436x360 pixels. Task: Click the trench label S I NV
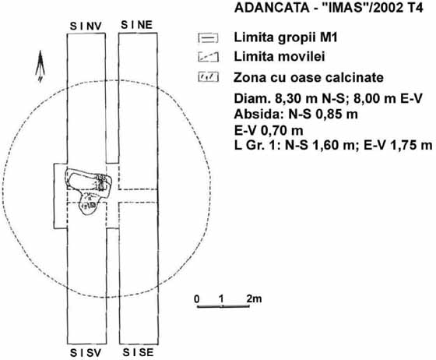[86, 26]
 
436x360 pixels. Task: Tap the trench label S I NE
[137, 25]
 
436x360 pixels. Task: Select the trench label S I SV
[86, 353]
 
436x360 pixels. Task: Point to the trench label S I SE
[139, 352]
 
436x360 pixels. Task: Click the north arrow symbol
[40, 66]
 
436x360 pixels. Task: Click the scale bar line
[223, 306]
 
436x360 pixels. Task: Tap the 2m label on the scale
[254, 298]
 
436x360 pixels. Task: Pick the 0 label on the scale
[197, 299]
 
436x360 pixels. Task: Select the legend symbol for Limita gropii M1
[209, 38]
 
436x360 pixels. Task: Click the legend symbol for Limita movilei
[209, 57]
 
